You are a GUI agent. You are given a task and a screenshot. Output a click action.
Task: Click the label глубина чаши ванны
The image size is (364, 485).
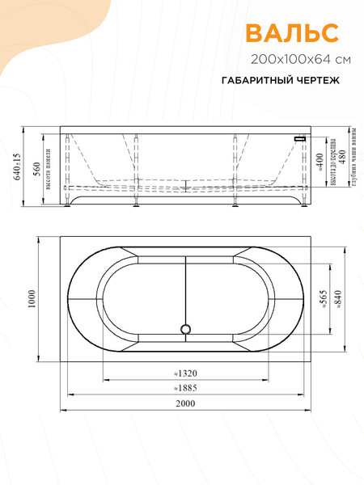[x=355, y=155]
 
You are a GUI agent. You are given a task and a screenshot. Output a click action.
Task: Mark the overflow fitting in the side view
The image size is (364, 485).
[x=300, y=139]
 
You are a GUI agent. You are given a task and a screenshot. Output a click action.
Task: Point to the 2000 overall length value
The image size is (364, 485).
[x=187, y=403]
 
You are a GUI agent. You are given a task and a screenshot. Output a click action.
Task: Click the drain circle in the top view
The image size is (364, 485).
[x=185, y=329]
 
